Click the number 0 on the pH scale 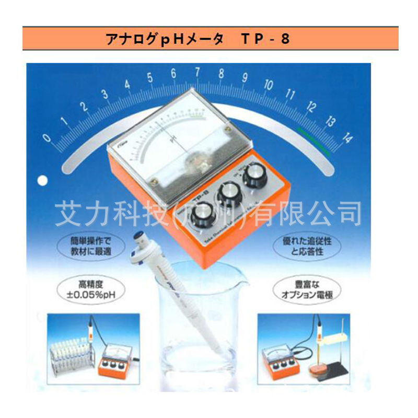coord(48,138)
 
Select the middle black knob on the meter coord(228,195)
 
